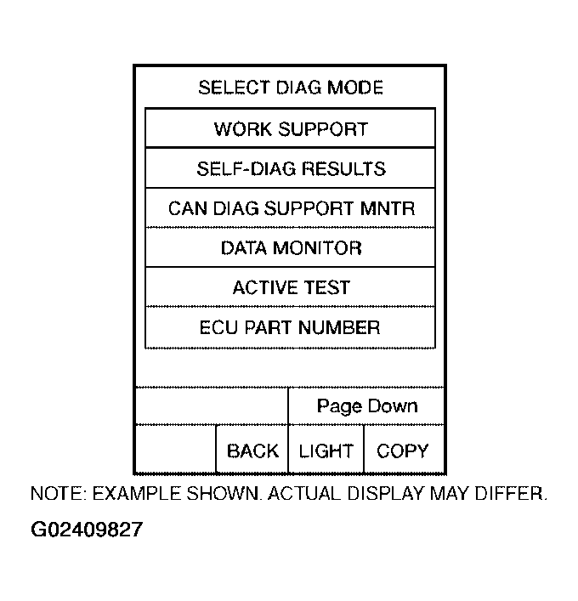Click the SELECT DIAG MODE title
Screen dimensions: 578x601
291,88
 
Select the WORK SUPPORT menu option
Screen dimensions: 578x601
291,129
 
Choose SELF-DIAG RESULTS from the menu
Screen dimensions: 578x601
291,169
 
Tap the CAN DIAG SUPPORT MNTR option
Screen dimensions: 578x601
291,208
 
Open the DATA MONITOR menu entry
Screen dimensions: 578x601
291,248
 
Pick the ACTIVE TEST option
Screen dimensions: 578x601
291,287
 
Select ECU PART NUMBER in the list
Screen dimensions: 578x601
291,327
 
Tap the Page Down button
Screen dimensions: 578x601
367,406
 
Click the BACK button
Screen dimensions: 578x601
252,451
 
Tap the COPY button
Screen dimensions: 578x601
403,451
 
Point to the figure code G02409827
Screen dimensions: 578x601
87,530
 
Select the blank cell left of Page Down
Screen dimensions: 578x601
212,406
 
